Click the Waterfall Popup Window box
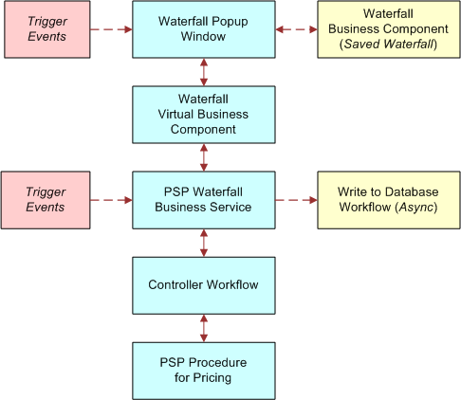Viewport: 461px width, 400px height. [x=204, y=28]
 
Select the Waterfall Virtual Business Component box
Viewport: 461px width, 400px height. [x=204, y=115]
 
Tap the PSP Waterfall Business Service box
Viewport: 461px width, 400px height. [x=204, y=199]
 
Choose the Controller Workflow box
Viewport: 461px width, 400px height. [x=204, y=284]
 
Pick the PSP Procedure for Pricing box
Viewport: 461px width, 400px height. [x=204, y=371]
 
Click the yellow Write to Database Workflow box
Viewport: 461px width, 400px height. [x=387, y=199]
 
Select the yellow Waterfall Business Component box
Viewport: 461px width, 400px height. [x=387, y=28]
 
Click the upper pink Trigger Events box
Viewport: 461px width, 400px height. [x=45, y=28]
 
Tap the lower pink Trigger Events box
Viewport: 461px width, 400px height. [x=45, y=199]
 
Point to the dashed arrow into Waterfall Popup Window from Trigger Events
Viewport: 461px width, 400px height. [x=110, y=28]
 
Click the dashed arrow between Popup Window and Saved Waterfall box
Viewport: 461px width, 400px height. [x=296, y=28]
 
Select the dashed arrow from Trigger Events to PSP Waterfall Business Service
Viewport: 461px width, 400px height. [x=110, y=199]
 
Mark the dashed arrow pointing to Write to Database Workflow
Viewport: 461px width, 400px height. [x=296, y=199]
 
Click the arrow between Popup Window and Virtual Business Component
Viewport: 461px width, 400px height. [x=204, y=72]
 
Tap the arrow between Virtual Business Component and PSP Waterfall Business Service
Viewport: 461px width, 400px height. [x=204, y=157]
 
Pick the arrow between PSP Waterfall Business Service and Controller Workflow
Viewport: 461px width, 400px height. [x=204, y=243]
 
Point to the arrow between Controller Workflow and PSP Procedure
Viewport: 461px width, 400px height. [x=204, y=328]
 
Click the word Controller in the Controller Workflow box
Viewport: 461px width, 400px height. [x=176, y=284]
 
